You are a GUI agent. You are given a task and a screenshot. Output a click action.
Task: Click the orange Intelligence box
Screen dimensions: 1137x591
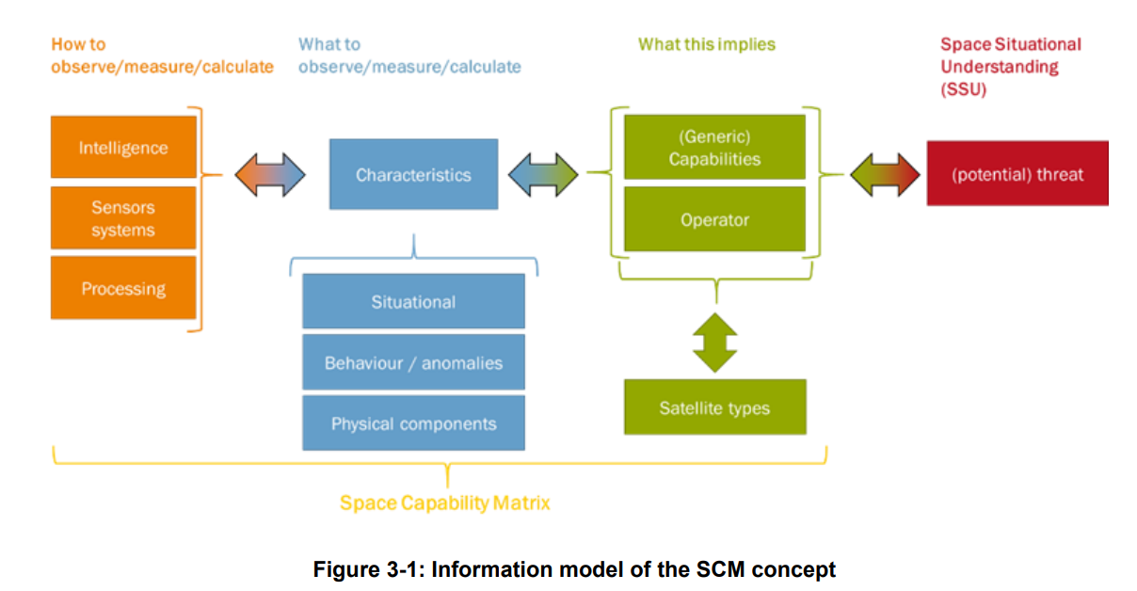(x=123, y=147)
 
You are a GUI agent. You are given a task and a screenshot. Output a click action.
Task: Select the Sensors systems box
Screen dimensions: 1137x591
(x=123, y=217)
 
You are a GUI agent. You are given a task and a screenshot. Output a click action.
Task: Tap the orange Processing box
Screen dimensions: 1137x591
(x=123, y=288)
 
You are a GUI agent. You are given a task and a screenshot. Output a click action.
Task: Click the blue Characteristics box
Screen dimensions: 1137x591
(x=414, y=174)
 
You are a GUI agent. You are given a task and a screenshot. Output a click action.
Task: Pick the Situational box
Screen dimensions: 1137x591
(x=414, y=301)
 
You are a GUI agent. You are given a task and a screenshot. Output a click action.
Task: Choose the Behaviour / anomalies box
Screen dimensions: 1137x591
(x=414, y=362)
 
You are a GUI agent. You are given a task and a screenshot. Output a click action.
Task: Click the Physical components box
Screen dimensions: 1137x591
(x=414, y=423)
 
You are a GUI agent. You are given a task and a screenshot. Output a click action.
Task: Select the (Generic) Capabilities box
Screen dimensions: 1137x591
(x=714, y=147)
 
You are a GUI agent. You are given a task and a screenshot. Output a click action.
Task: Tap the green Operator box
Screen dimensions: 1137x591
(x=714, y=219)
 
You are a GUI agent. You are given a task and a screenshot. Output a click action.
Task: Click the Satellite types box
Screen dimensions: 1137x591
(x=715, y=407)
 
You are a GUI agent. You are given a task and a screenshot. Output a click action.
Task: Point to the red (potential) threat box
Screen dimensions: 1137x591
(x=1017, y=173)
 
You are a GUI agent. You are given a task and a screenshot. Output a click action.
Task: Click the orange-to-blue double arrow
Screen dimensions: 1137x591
(x=270, y=174)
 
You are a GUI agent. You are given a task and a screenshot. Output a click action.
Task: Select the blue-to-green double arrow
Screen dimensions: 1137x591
(x=543, y=174)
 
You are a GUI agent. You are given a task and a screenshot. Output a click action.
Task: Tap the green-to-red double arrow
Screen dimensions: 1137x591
(x=885, y=174)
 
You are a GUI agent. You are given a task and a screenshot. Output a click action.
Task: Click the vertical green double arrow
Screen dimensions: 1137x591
(x=715, y=343)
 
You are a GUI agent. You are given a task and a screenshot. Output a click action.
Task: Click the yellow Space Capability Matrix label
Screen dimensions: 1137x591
(x=444, y=503)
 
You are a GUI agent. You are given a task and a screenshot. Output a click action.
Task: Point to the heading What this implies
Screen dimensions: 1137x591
(x=707, y=44)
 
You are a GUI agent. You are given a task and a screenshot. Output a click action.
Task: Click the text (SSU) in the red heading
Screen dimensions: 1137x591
(x=964, y=89)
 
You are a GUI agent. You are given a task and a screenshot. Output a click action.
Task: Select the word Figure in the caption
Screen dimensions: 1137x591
(x=346, y=569)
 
